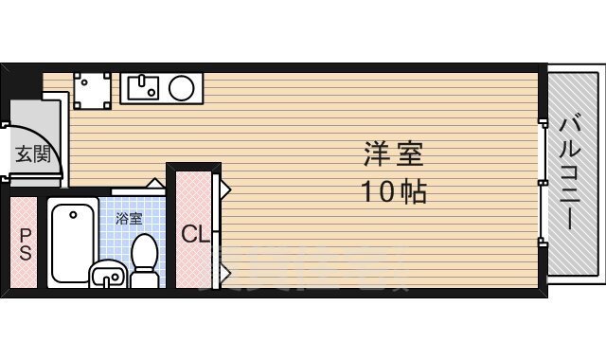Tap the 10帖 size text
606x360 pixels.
point(392,192)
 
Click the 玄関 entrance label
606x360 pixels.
point(31,153)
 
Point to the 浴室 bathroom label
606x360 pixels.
point(129,218)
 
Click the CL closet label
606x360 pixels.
point(195,233)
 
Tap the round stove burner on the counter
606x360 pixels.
point(182,88)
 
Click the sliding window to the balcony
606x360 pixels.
point(543,180)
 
